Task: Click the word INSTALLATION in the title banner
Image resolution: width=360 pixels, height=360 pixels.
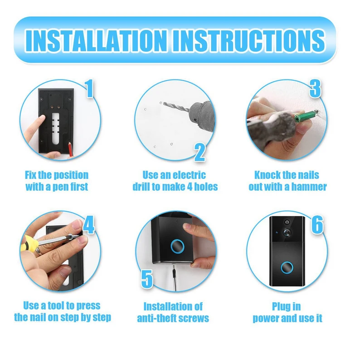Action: (97, 40)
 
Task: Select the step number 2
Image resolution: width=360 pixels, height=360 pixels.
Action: (200, 153)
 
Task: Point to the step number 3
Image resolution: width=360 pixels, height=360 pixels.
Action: (315, 89)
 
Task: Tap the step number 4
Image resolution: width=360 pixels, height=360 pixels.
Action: (88, 225)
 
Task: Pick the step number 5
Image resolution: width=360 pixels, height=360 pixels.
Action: (147, 279)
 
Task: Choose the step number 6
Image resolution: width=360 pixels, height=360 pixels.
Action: (317, 225)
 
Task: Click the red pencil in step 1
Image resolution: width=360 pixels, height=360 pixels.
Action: (70, 149)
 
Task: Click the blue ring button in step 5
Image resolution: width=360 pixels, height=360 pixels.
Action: (177, 246)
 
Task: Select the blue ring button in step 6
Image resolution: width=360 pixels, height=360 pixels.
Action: (287, 267)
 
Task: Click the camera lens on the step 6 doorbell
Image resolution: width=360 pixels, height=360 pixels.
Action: (287, 232)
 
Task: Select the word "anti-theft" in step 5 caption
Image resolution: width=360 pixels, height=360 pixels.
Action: (156, 318)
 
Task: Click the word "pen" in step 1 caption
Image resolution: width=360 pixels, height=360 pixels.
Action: (59, 187)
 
